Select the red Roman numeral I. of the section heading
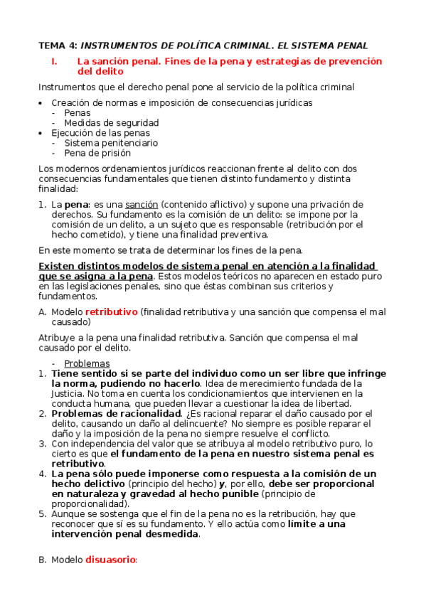pos(55,61)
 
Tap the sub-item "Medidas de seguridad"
pos(111,122)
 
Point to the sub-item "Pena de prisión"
pos(97,152)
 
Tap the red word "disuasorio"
pos(110,560)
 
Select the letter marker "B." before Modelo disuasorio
pos(41,560)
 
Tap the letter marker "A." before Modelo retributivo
pos(41,311)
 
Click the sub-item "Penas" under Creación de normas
pos(77,112)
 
